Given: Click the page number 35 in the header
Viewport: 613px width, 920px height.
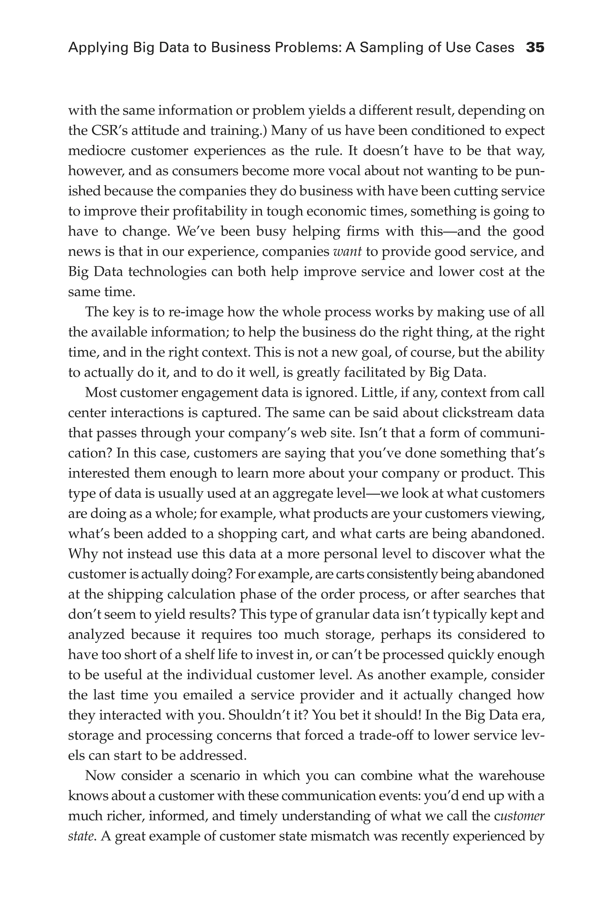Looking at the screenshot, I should pos(535,48).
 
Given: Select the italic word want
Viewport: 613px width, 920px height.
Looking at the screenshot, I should pos(347,251).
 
